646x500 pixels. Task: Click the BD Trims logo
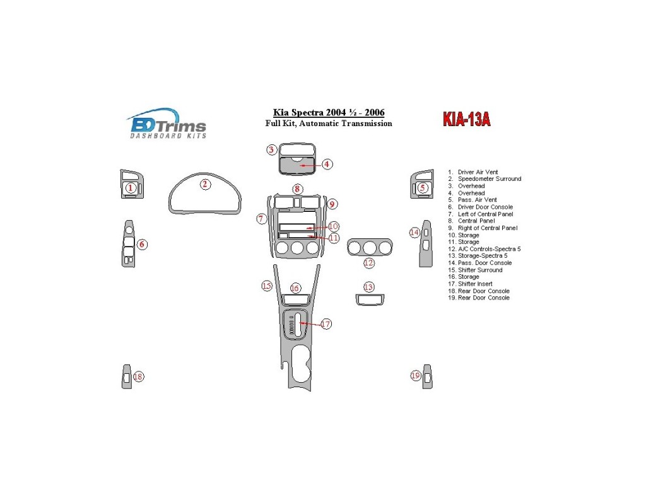[167, 123]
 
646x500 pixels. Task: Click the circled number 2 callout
[205, 184]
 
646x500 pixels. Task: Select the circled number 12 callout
[368, 263]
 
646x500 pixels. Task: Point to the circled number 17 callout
[326, 324]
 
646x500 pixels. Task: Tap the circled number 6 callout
[143, 244]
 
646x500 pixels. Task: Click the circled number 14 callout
[414, 233]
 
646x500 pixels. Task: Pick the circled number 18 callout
[138, 377]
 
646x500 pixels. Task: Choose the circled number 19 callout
[415, 376]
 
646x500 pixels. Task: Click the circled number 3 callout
[271, 149]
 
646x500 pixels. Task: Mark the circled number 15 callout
[267, 286]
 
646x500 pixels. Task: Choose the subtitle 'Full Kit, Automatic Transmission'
[328, 124]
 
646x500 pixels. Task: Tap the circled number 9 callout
[332, 204]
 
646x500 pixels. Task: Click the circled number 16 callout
[295, 288]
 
